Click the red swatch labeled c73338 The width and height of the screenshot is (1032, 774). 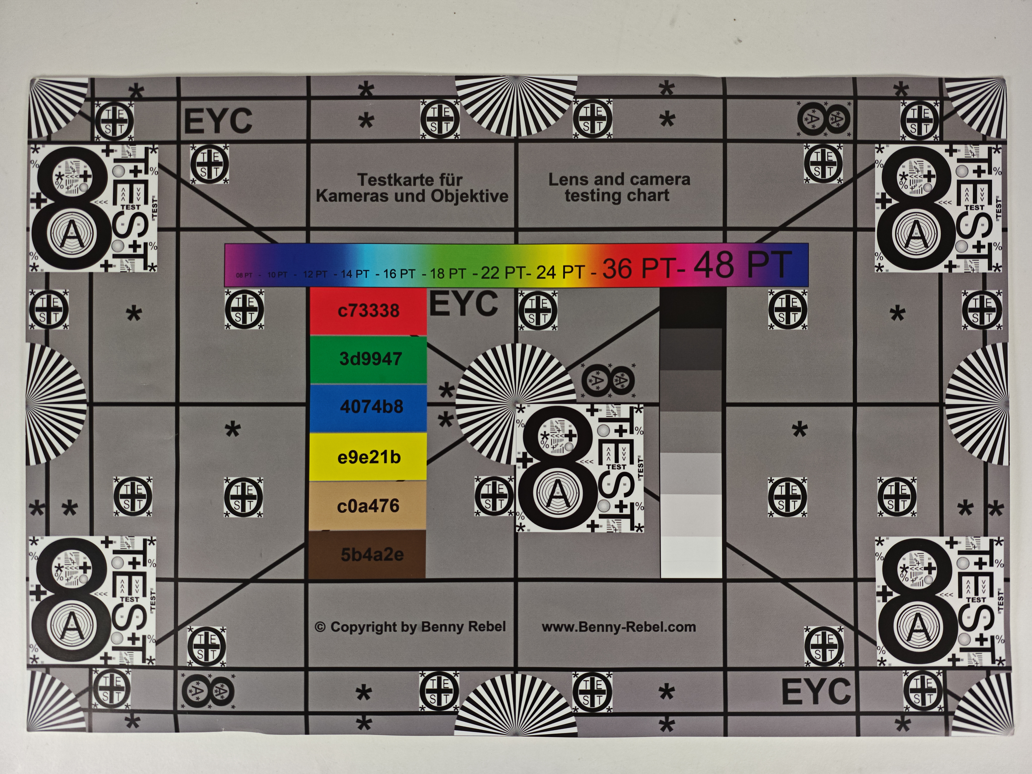coord(368,311)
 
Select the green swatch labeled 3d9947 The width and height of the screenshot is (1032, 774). coord(368,359)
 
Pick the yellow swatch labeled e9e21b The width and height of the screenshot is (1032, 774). coord(368,457)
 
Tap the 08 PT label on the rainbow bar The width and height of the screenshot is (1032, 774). coord(244,275)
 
